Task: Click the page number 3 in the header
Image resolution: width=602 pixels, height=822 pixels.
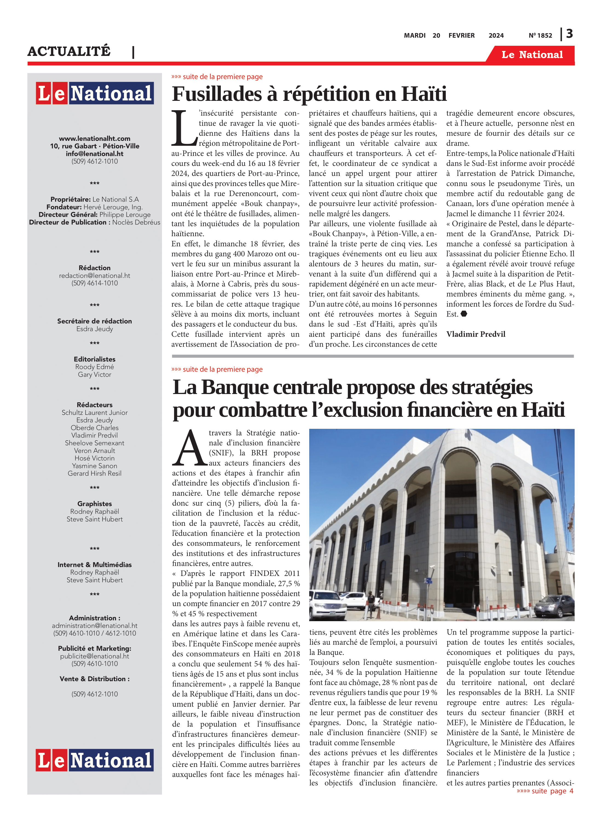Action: (x=569, y=34)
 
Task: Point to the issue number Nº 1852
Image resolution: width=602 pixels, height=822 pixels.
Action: (x=540, y=36)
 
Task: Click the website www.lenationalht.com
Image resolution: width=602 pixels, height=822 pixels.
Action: (x=94, y=139)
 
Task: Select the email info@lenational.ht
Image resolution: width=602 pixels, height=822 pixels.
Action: (x=94, y=154)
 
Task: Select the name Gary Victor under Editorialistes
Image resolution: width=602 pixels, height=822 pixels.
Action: (x=94, y=374)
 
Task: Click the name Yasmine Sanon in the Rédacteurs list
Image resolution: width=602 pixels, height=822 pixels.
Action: (x=94, y=466)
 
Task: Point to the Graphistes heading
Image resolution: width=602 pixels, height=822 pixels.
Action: (x=94, y=504)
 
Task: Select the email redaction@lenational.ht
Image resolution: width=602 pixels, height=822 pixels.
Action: (x=94, y=275)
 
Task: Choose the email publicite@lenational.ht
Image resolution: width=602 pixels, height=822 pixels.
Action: (x=94, y=656)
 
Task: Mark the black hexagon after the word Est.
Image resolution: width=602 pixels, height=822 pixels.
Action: (x=464, y=314)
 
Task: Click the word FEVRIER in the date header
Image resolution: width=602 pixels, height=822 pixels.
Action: (x=461, y=36)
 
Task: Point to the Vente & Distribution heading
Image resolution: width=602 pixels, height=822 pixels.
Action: (x=94, y=679)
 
